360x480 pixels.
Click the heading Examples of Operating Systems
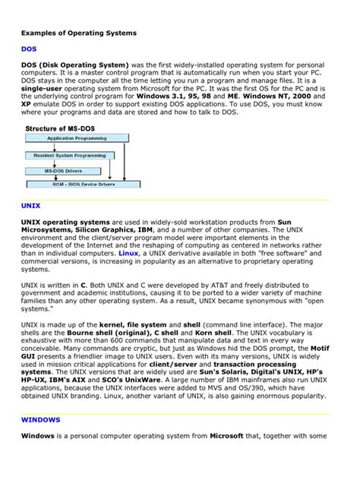pyautogui.click(x=78, y=33)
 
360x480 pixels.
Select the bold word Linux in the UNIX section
pyautogui.click(x=140, y=253)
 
